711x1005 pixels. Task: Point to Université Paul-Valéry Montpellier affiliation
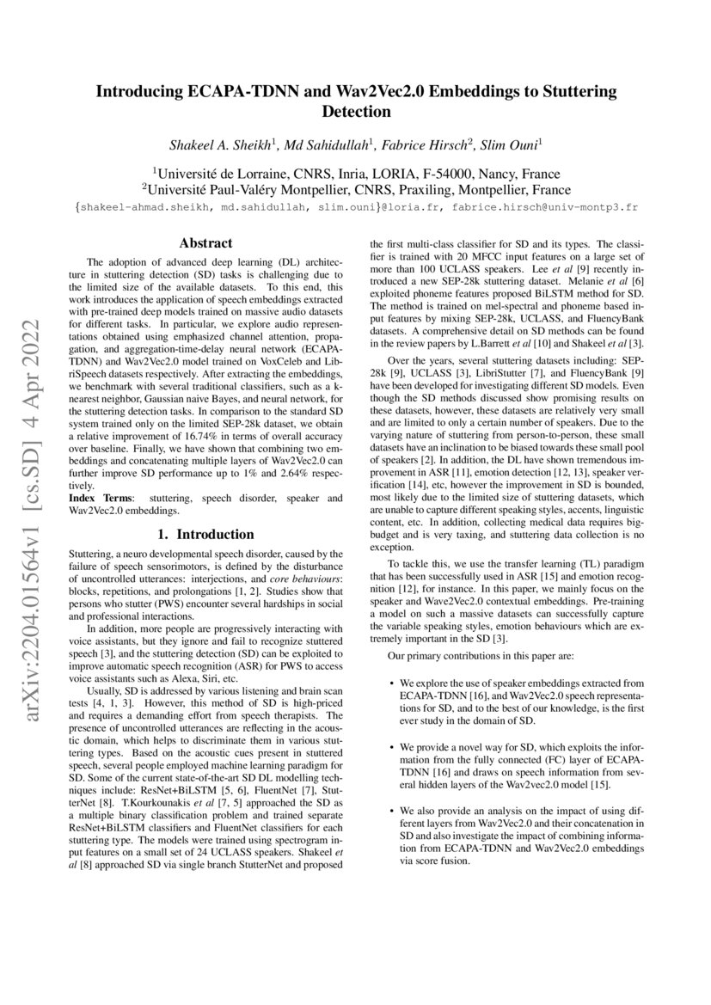(x=267, y=188)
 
